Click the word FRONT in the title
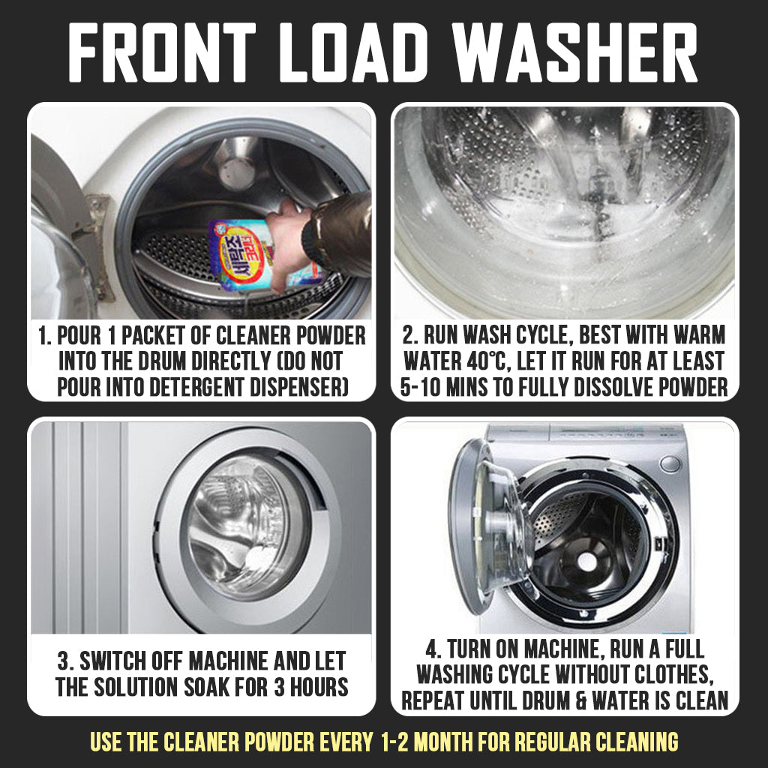click(x=162, y=52)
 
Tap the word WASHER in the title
click(x=574, y=52)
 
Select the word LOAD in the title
click(x=353, y=52)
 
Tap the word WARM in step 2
click(x=699, y=335)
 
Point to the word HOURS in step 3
click(x=319, y=687)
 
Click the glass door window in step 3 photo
click(x=245, y=527)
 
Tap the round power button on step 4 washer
click(x=670, y=463)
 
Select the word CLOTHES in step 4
click(x=673, y=674)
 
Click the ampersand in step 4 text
click(x=581, y=700)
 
